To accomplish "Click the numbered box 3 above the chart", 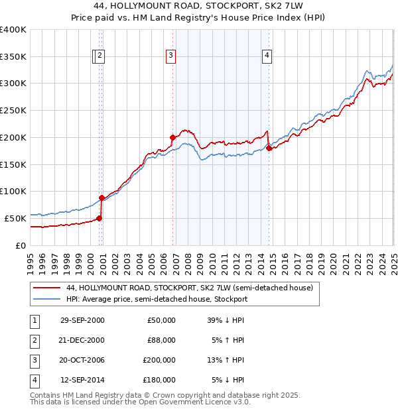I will (171, 56).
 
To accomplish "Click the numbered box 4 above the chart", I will (267, 56).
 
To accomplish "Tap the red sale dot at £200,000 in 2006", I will (172, 138).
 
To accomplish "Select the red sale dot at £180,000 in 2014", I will (269, 148).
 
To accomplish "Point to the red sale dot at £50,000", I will (99, 218).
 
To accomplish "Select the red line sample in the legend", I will (47, 288).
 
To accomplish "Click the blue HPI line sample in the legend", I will (47, 299).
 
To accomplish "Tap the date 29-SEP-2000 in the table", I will (82, 320).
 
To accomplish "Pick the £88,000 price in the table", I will (161, 340).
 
